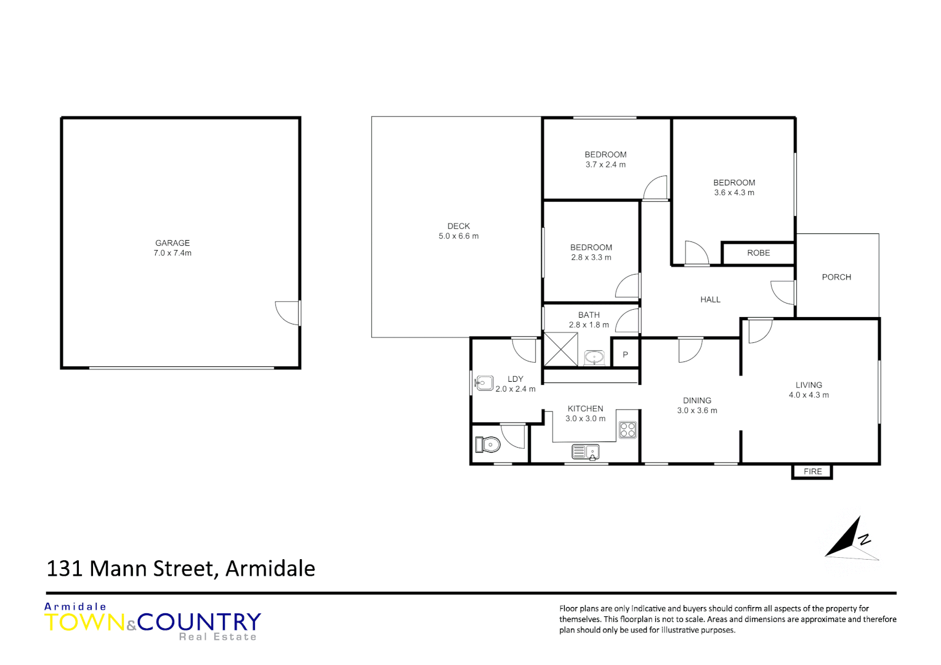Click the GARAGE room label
(172, 243)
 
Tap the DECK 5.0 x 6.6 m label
(458, 231)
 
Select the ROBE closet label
(758, 253)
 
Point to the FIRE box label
(812, 472)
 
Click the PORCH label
(836, 277)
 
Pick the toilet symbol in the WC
(488, 444)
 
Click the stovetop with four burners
(628, 429)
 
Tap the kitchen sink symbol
(585, 453)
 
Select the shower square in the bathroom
(560, 350)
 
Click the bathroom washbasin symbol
(594, 357)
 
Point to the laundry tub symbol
(484, 384)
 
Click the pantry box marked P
(625, 355)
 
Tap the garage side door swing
(288, 313)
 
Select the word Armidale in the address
(270, 568)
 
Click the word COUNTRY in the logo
(199, 622)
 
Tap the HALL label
(710, 300)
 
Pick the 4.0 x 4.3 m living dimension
(809, 395)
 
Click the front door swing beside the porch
(783, 292)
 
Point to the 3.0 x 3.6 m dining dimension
(697, 411)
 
